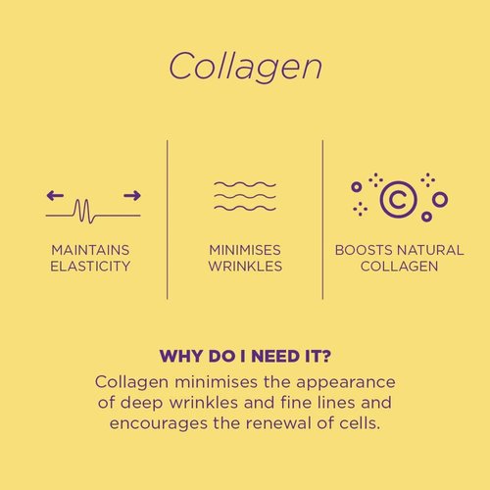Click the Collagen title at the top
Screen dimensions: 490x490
click(x=245, y=67)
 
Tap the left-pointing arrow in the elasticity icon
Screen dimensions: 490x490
click(x=55, y=196)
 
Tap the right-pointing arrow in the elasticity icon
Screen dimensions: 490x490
click(x=132, y=196)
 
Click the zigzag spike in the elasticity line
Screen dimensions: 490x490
click(x=84, y=211)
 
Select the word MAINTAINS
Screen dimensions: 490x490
click(x=90, y=250)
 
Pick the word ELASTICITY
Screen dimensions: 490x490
click(x=90, y=267)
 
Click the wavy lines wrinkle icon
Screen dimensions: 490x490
click(x=245, y=196)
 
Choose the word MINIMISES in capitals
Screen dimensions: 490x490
click(x=245, y=250)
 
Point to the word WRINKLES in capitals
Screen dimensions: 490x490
click(x=245, y=267)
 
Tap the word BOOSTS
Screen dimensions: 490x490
click(x=364, y=250)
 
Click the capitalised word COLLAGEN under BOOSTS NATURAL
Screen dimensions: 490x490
click(x=399, y=267)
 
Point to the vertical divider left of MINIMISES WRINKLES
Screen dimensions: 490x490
click(x=168, y=220)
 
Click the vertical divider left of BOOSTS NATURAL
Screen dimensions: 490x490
click(x=322, y=220)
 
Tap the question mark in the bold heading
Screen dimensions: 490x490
click(x=325, y=356)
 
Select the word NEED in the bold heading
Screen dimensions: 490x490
click(x=275, y=356)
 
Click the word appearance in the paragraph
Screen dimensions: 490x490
click(x=346, y=383)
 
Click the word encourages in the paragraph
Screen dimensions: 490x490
click(x=159, y=424)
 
